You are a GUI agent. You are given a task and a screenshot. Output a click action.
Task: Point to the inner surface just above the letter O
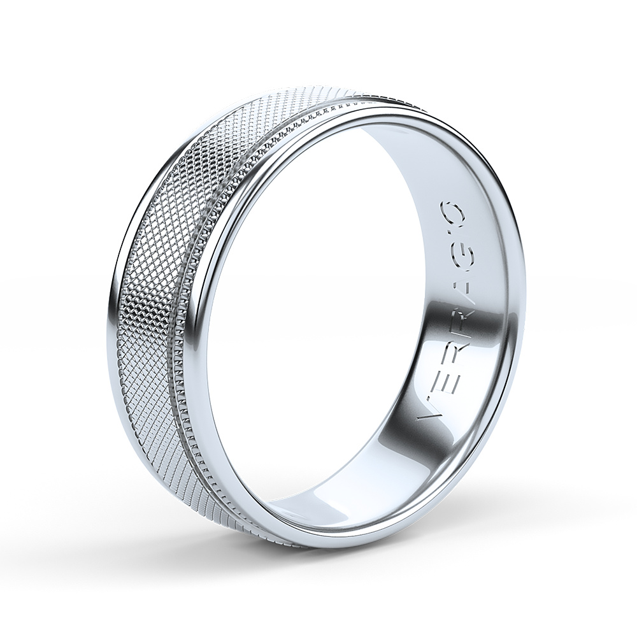click(x=446, y=172)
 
